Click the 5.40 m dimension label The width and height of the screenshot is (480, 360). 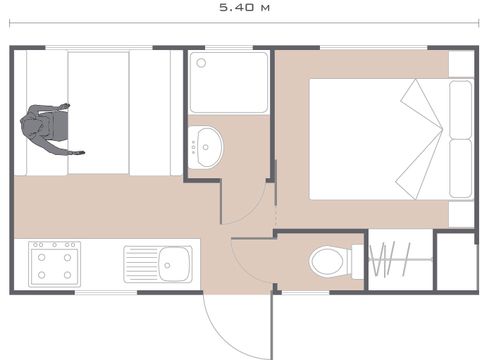coord(244,8)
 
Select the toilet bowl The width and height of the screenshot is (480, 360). coord(328,261)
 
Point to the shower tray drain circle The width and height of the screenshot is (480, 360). coord(201,63)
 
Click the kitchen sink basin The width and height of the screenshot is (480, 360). coord(174,265)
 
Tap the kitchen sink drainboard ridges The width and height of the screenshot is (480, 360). coord(142,265)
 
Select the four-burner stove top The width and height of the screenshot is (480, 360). coord(55,264)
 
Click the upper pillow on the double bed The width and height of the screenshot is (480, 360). coord(460,110)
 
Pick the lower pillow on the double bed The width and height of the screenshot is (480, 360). coord(460,169)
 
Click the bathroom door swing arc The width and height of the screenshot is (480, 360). coord(255,211)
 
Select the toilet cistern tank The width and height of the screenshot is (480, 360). coord(357,262)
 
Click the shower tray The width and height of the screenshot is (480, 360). coord(229,82)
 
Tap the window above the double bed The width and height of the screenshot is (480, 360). coord(373,48)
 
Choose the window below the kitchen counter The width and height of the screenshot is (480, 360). coord(106,293)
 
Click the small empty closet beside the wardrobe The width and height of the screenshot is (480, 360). coord(455,262)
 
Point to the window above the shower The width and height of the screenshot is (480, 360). coord(229,48)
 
